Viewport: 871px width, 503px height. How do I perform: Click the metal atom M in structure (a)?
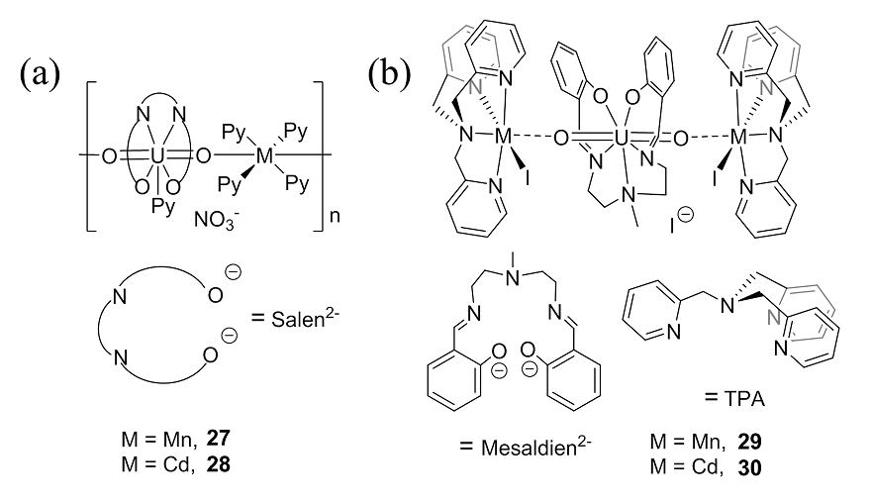click(x=262, y=154)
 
